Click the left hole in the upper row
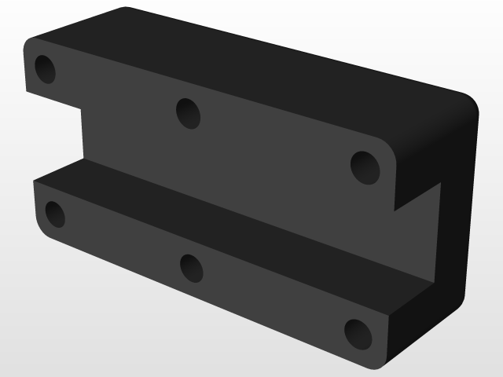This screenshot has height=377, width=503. pos(45,70)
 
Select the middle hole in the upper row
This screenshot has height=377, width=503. pos(188,113)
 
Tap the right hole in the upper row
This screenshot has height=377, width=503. pos(365,167)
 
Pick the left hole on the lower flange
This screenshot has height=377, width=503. pos(54,214)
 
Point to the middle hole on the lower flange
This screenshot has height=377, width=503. pos(191,268)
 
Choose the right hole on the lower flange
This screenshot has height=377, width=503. pos(357,333)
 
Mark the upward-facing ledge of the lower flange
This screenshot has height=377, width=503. pos(236,228)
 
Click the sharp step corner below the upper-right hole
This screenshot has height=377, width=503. pos(395,210)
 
